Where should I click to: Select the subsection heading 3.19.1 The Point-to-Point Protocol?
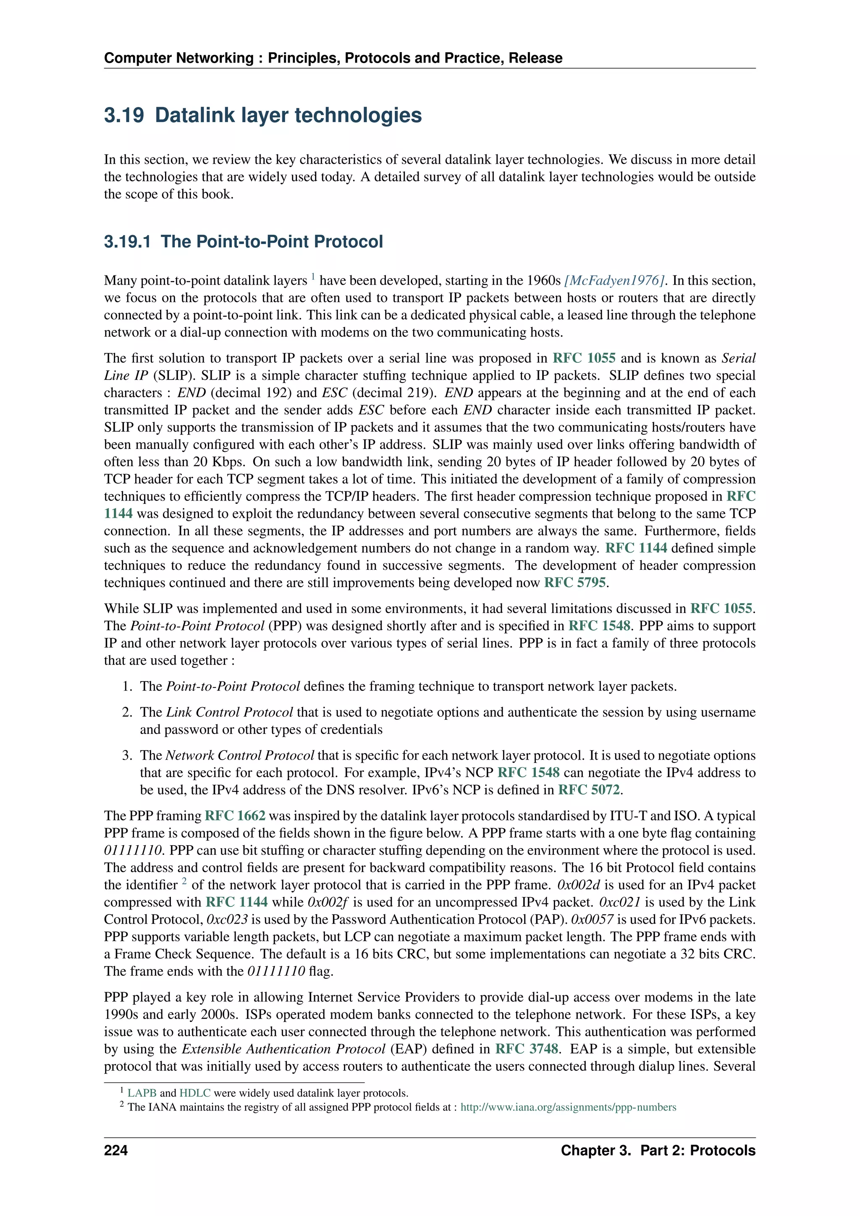[x=243, y=241]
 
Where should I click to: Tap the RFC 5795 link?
[x=575, y=582]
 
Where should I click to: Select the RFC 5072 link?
[x=589, y=790]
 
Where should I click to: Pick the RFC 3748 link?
[x=527, y=1049]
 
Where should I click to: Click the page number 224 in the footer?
[x=116, y=1150]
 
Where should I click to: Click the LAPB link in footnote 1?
[x=142, y=1093]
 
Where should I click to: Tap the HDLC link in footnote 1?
[x=195, y=1093]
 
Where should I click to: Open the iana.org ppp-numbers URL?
[x=568, y=1107]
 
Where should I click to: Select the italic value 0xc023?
[x=227, y=920]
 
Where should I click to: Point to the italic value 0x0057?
[x=592, y=920]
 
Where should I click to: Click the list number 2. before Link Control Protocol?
[x=127, y=712]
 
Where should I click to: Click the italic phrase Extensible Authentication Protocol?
[x=283, y=1049]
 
